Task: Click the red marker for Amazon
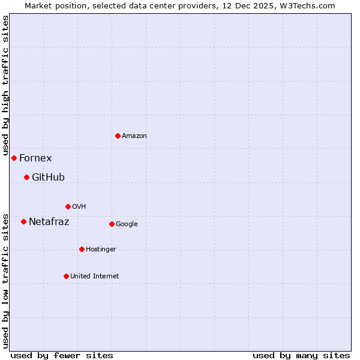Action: [x=118, y=136]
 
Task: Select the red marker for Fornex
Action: [x=14, y=158]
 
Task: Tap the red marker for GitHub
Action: [x=26, y=177]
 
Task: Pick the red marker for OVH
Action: [x=68, y=206]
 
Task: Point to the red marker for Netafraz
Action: [x=23, y=221]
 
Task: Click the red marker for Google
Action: [x=112, y=224]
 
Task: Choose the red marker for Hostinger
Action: [x=82, y=249]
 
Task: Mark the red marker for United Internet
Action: [x=66, y=276]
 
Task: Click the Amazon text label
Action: [x=134, y=136]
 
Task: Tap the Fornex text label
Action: [x=35, y=158]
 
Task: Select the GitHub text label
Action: [x=48, y=178]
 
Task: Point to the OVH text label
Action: [x=79, y=207]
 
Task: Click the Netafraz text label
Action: [x=49, y=222]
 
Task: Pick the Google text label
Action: [x=127, y=224]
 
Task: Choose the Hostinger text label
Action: [x=101, y=250]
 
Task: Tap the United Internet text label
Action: [x=94, y=277]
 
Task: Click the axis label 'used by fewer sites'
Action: [x=62, y=355]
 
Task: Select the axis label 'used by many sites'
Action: [x=301, y=355]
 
